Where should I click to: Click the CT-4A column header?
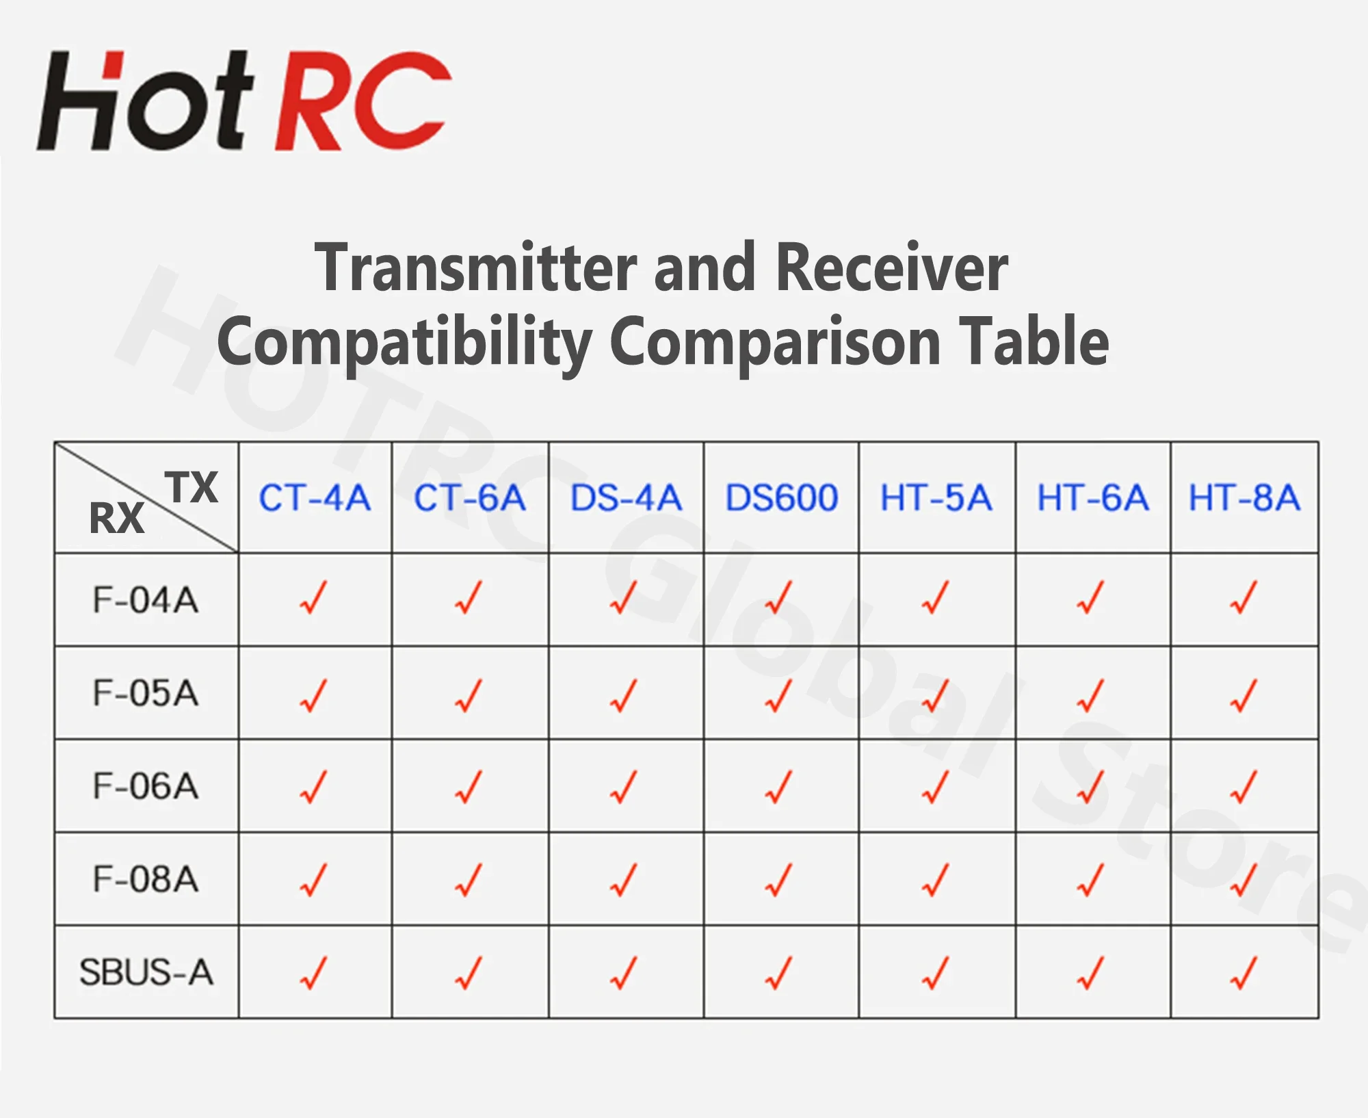pos(315,497)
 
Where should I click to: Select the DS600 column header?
pos(781,497)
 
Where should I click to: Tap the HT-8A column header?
pos(1244,497)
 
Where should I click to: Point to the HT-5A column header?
pos(936,497)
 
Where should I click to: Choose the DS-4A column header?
pos(626,497)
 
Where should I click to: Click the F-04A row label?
pos(146,600)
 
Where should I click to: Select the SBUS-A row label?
pos(146,972)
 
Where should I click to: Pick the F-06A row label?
pos(146,786)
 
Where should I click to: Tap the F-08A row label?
pos(146,879)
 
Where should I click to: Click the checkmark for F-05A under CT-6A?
pos(469,695)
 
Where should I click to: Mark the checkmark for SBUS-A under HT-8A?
pos(1244,973)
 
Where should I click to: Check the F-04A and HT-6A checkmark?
pos(1090,597)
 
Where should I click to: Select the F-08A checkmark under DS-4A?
pos(623,880)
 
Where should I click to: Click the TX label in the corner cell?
pos(192,487)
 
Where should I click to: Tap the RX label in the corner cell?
pos(117,518)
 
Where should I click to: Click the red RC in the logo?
pos(363,101)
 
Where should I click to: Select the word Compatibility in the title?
pos(404,343)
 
